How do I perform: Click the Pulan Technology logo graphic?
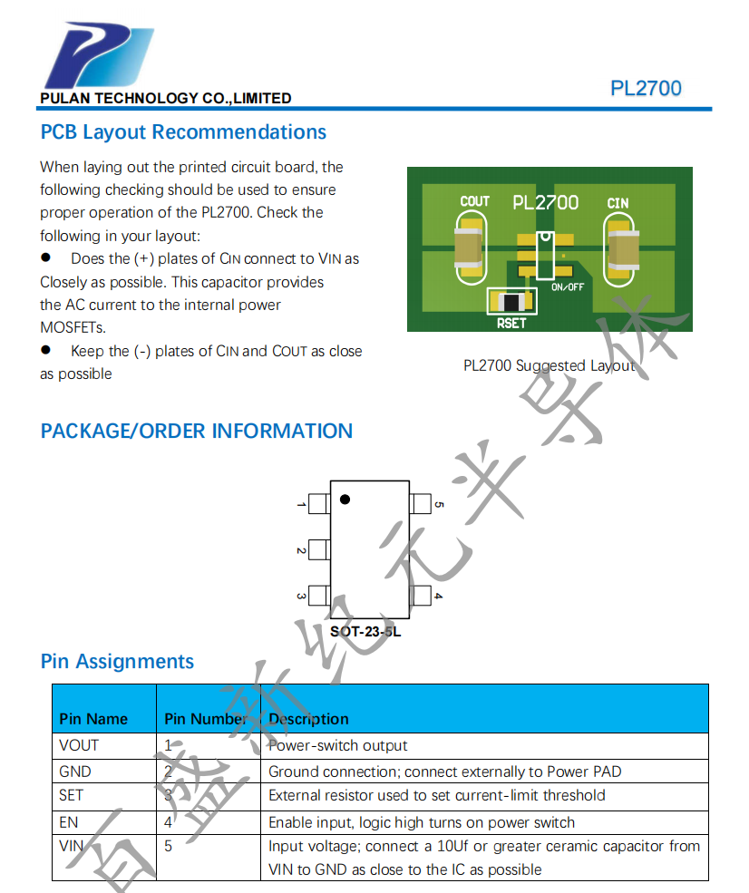98,56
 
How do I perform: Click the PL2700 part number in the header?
646,89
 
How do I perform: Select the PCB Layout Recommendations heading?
183,132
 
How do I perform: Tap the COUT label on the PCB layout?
474,201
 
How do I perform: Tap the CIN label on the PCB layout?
618,203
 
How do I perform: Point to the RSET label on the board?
511,322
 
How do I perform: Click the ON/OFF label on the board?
568,286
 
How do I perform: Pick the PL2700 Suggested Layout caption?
549,366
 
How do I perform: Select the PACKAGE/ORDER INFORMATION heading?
197,432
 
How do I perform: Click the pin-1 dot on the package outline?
345,500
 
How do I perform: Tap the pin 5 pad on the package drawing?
421,503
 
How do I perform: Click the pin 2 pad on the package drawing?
318,549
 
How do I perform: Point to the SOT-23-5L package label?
365,631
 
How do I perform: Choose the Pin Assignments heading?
117,662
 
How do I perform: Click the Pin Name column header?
93,719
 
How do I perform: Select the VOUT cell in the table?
79,745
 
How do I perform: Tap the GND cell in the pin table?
77,772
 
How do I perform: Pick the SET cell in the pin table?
71,795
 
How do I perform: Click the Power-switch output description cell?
337,745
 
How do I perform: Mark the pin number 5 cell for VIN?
168,846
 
